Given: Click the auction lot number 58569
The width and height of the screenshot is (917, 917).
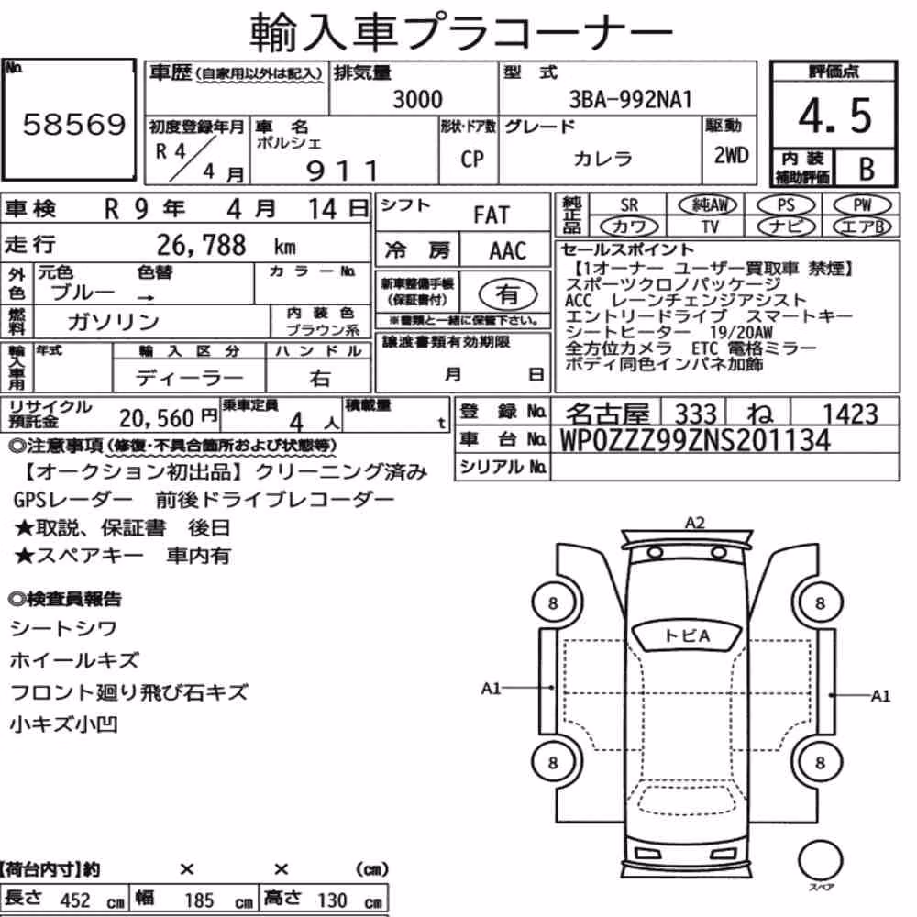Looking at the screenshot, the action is pyautogui.click(x=74, y=124).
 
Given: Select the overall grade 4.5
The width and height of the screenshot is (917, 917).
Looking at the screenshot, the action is pyautogui.click(x=834, y=116).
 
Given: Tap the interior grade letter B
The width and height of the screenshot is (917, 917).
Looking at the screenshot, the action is pyautogui.click(x=867, y=169).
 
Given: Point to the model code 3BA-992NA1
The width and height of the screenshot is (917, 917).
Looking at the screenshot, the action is pyautogui.click(x=631, y=99).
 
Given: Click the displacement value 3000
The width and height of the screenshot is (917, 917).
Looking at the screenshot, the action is pyautogui.click(x=417, y=99).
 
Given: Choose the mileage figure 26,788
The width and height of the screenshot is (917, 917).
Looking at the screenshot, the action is pyautogui.click(x=201, y=245).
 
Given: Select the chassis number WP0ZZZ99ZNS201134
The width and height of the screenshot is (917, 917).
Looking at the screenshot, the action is pyautogui.click(x=695, y=440).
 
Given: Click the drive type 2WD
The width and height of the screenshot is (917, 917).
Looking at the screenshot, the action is pyautogui.click(x=731, y=156).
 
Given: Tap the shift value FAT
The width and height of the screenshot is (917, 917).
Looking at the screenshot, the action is pyautogui.click(x=492, y=215).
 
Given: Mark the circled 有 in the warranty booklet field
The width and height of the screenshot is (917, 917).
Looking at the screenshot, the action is pyautogui.click(x=508, y=293).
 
